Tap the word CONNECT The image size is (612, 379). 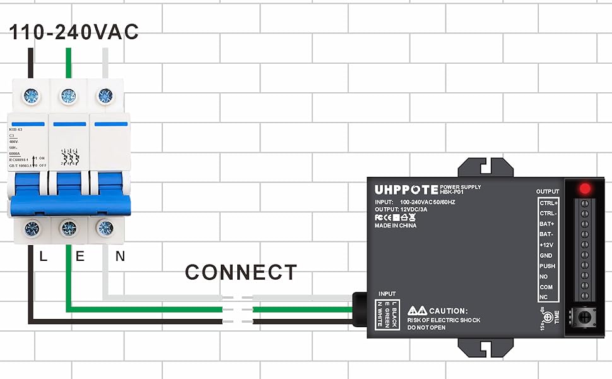tap(240, 273)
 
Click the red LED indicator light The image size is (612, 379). tap(585, 188)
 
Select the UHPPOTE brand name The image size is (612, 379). tap(406, 189)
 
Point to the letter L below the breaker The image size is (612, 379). tap(44, 256)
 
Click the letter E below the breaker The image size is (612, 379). tap(79, 256)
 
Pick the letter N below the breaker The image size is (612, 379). tap(120, 256)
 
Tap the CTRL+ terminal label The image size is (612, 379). tap(548, 203)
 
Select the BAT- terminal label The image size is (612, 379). tap(546, 234)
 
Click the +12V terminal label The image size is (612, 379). tap(546, 245)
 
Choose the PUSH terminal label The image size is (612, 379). tap(547, 266)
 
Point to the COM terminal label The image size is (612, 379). tap(546, 287)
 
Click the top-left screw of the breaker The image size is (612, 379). tap(30, 97)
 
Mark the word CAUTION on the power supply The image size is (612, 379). tap(449, 311)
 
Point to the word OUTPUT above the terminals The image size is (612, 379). tap(547, 191)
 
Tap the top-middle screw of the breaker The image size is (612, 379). tap(68, 97)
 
